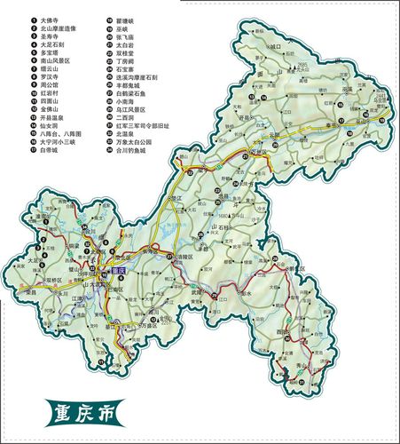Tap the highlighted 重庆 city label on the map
[116, 268]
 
